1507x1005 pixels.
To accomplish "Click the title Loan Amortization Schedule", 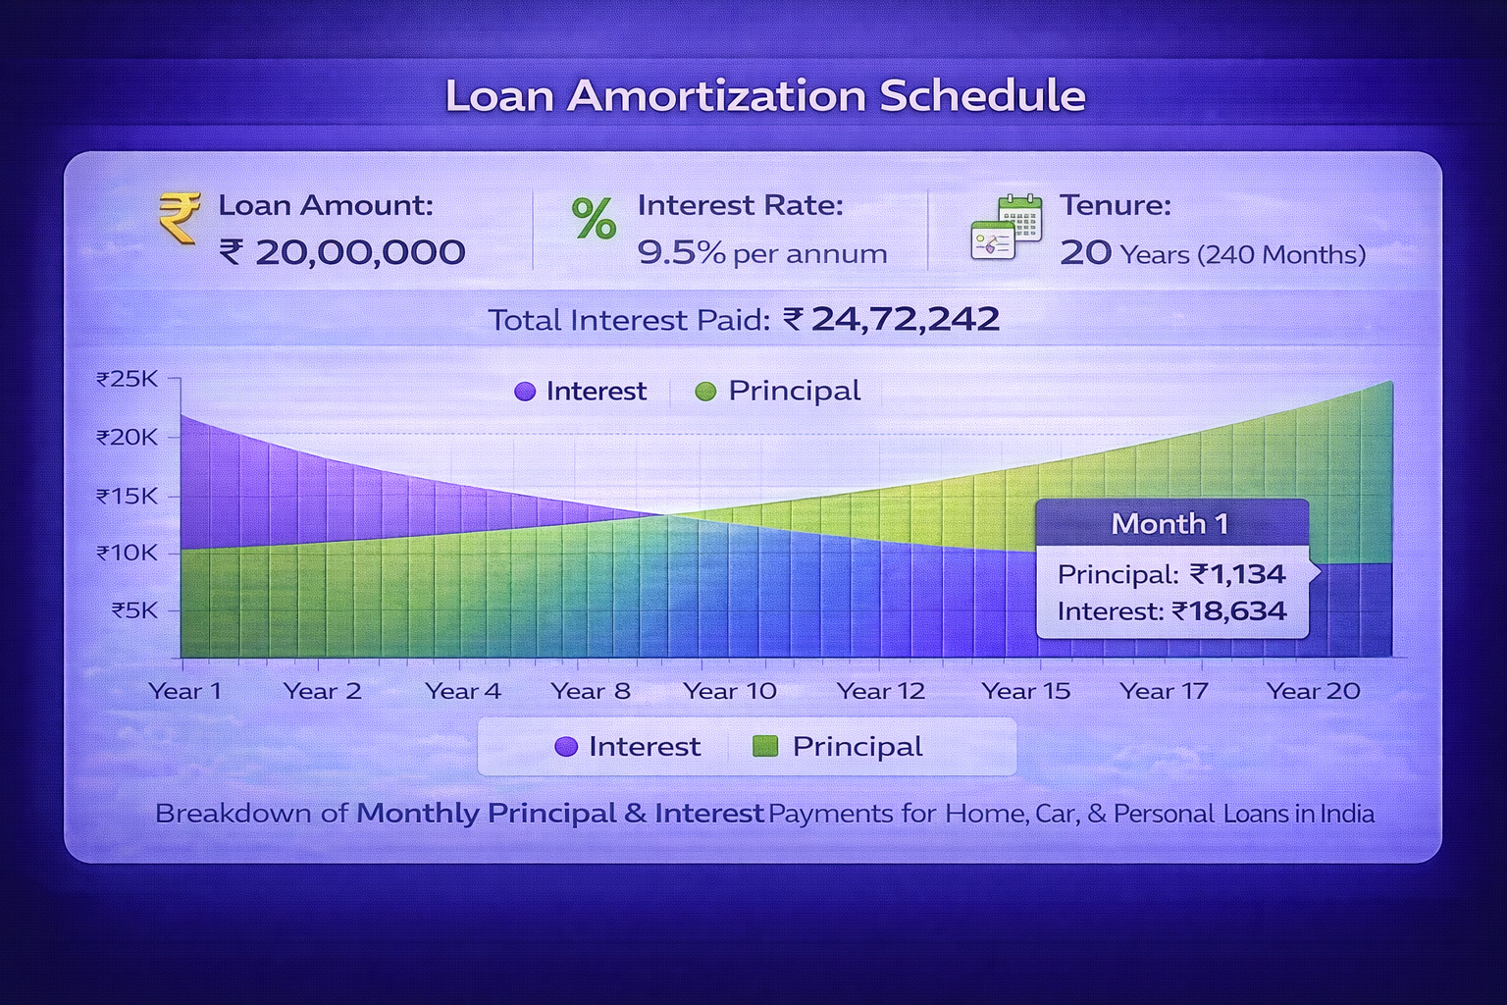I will tap(765, 96).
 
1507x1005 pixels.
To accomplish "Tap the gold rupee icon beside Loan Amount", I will tap(180, 217).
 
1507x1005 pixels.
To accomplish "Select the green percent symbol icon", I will tap(594, 219).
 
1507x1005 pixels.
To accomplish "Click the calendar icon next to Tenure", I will tap(1006, 227).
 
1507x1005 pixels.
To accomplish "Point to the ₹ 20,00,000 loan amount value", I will tap(341, 253).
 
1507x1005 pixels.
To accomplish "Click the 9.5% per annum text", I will tap(761, 253).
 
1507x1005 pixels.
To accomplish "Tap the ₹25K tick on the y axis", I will tap(127, 379).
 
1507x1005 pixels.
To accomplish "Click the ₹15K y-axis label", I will tap(127, 497).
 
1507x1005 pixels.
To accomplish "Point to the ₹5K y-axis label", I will tap(133, 610).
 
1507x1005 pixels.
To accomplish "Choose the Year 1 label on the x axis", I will tap(184, 691).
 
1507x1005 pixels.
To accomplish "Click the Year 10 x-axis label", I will tap(729, 691).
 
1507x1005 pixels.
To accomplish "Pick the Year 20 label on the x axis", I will tap(1313, 691).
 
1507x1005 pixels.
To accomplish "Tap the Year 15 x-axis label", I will tap(1025, 691).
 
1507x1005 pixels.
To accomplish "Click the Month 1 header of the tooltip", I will tap(1169, 524).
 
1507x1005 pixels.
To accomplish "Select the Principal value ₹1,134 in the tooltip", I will tap(1237, 574).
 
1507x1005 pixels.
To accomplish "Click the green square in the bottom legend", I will tap(764, 747).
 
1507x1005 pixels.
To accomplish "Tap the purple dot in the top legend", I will tap(525, 392).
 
